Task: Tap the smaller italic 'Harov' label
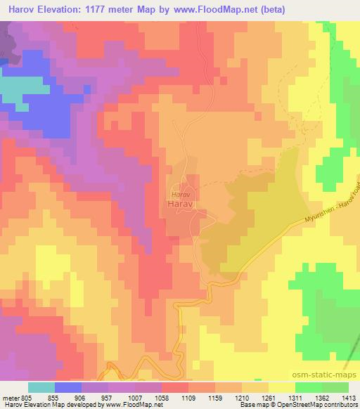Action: [x=181, y=193]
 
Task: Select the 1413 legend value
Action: [x=349, y=397]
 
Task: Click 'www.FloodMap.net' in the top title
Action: [x=222, y=10]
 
